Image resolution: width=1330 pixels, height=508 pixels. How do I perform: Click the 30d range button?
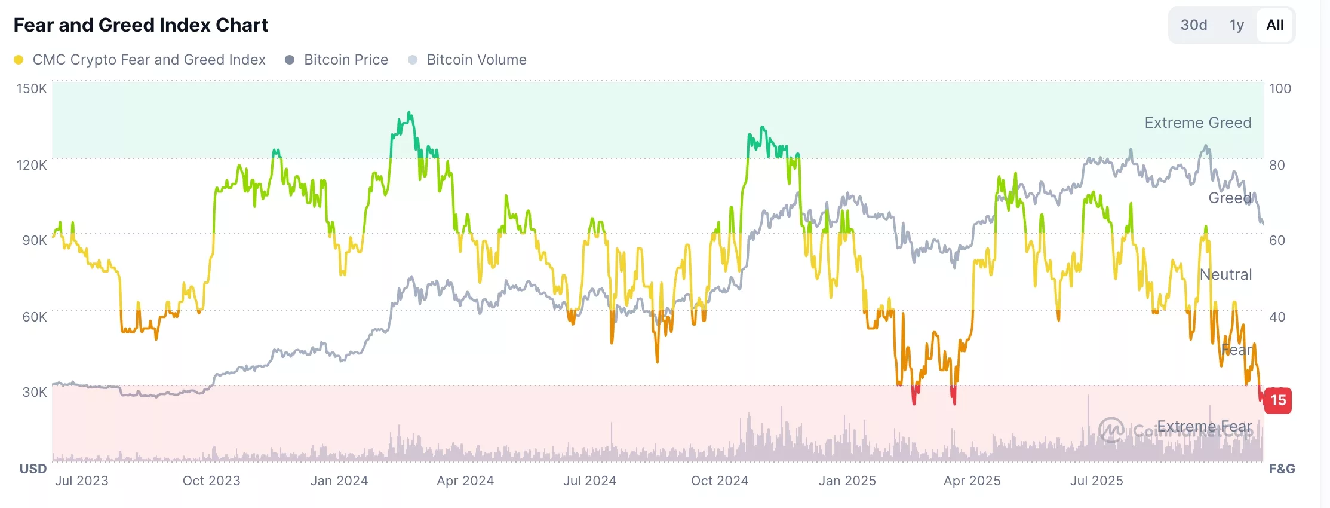coord(1193,25)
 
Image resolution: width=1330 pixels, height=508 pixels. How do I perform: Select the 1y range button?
coord(1236,25)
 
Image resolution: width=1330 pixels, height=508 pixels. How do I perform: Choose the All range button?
coord(1274,25)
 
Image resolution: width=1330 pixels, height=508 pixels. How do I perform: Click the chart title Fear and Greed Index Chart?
coord(140,25)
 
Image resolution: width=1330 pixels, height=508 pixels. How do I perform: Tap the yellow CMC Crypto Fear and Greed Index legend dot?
coord(19,60)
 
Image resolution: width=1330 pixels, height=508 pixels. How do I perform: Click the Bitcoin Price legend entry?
coord(346,60)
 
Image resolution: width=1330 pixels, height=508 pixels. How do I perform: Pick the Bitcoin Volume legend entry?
coord(476,60)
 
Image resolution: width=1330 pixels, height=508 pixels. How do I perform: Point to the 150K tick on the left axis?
coord(31,89)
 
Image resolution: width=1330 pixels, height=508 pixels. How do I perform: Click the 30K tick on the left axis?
coord(34,393)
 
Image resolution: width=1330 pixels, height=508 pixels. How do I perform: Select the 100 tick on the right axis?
coord(1280,89)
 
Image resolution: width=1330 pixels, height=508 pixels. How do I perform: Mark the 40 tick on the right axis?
coord(1277,317)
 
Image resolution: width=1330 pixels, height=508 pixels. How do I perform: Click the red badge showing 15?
coord(1278,400)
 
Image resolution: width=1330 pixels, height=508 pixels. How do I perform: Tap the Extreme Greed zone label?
coord(1197,123)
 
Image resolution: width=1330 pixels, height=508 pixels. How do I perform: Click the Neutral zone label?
coord(1225,274)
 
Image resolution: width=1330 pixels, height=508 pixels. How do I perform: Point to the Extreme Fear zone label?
coord(1204,426)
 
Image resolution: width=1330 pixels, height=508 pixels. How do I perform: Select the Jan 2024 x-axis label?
coord(339,481)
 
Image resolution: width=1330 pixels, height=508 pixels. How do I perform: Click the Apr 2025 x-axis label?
coord(972,481)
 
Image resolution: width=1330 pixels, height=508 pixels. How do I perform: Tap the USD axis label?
coord(33,469)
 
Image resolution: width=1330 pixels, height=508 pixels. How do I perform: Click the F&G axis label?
coord(1282,469)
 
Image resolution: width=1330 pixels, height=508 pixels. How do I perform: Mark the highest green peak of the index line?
coord(409,112)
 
